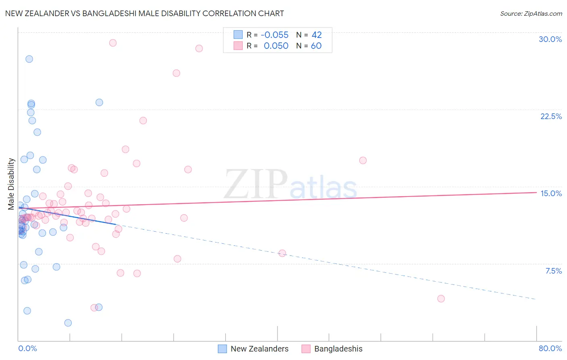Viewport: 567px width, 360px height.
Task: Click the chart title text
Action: click(x=144, y=13)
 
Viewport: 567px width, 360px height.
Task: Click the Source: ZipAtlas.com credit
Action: click(x=531, y=13)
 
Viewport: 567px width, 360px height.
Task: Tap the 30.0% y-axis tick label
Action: click(x=550, y=39)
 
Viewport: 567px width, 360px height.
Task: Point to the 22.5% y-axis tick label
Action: click(x=551, y=116)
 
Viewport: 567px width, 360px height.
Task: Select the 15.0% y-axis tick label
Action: click(x=551, y=193)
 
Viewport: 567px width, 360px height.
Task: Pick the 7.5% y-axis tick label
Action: click(x=553, y=271)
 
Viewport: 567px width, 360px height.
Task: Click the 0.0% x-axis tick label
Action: click(x=27, y=348)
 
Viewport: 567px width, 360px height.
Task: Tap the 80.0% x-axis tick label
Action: click(x=550, y=348)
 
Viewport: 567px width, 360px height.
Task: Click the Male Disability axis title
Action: click(x=11, y=184)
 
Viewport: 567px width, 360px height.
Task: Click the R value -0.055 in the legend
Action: click(x=275, y=35)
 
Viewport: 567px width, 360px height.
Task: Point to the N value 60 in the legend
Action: click(x=316, y=46)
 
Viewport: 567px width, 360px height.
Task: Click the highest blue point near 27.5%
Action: click(x=29, y=59)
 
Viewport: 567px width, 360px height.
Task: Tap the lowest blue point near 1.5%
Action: click(x=68, y=323)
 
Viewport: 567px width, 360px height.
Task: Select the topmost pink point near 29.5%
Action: click(x=113, y=43)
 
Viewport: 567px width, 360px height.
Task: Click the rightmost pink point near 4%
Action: click(x=441, y=299)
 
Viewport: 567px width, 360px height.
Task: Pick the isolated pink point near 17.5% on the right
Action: click(x=363, y=160)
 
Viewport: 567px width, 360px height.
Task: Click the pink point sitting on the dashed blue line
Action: click(x=282, y=253)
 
